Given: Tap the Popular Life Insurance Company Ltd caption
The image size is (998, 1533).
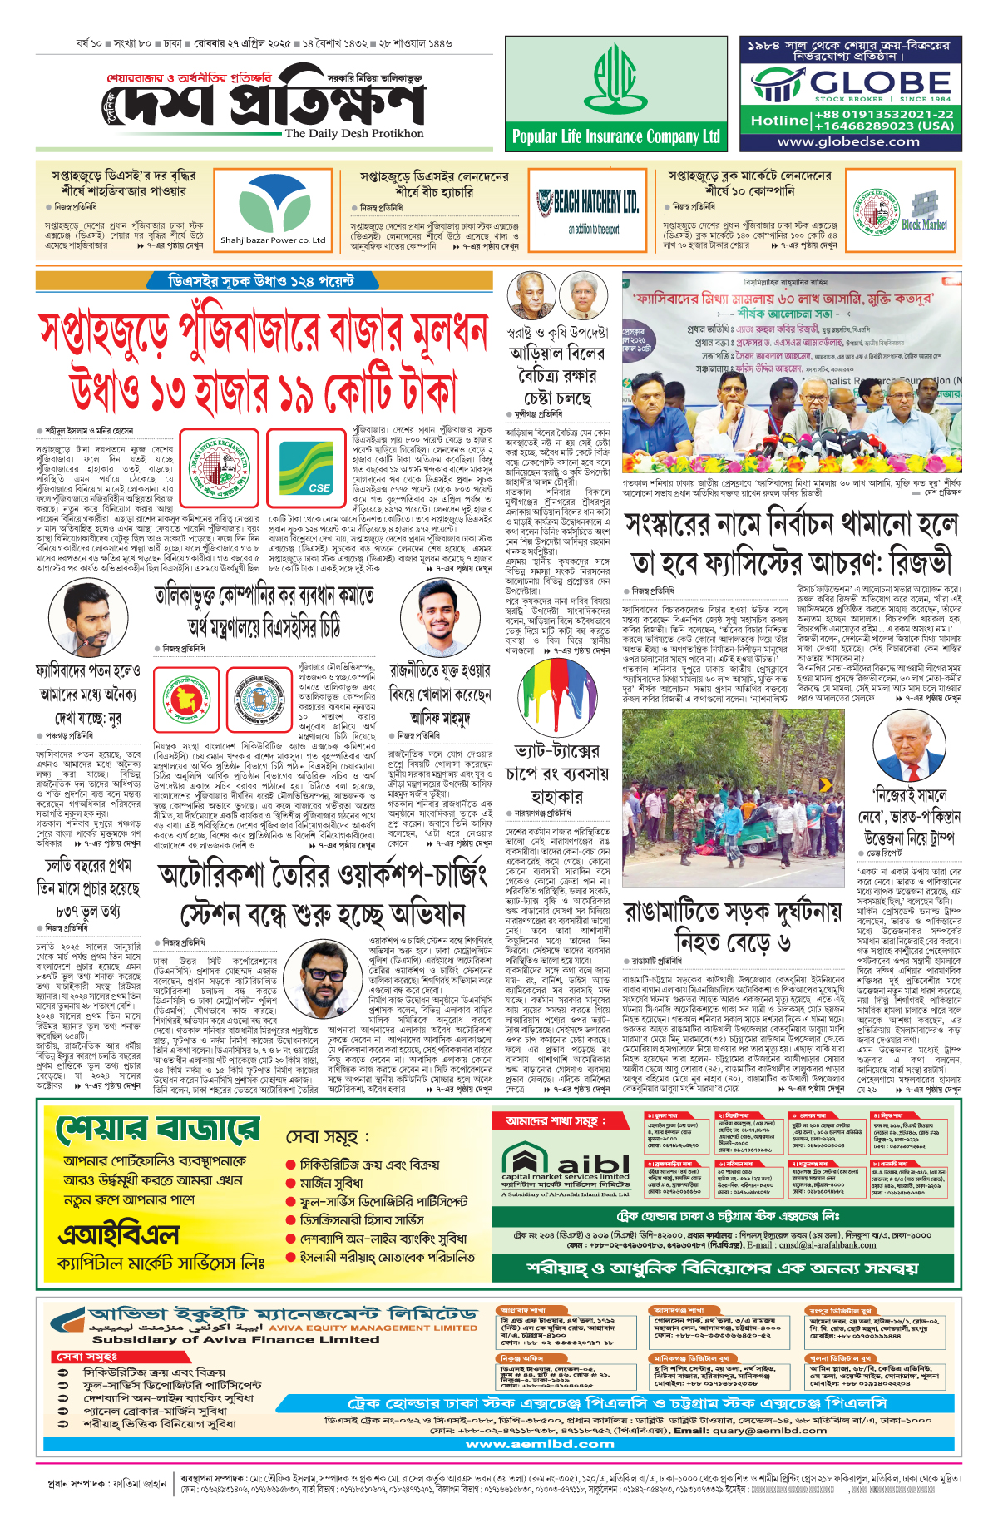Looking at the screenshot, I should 615,137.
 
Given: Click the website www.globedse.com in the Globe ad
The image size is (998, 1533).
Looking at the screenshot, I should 848,141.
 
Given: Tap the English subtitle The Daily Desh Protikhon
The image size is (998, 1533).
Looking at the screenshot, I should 354,133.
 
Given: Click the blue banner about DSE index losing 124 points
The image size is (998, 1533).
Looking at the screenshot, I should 262,281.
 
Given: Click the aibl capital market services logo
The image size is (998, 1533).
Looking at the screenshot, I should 566,1166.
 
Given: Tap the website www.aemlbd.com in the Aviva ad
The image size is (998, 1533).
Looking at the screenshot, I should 541,1444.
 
